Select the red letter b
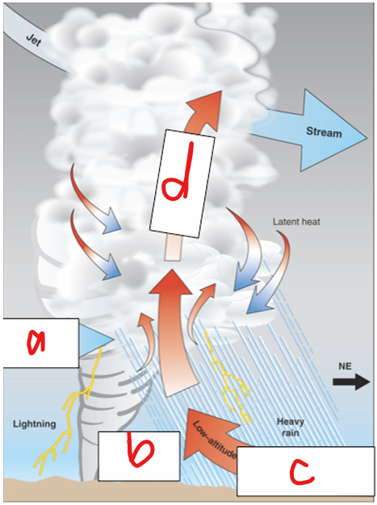pyautogui.click(x=138, y=455)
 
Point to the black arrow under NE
pyautogui.click(x=348, y=386)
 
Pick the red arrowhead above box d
pyautogui.click(x=197, y=109)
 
